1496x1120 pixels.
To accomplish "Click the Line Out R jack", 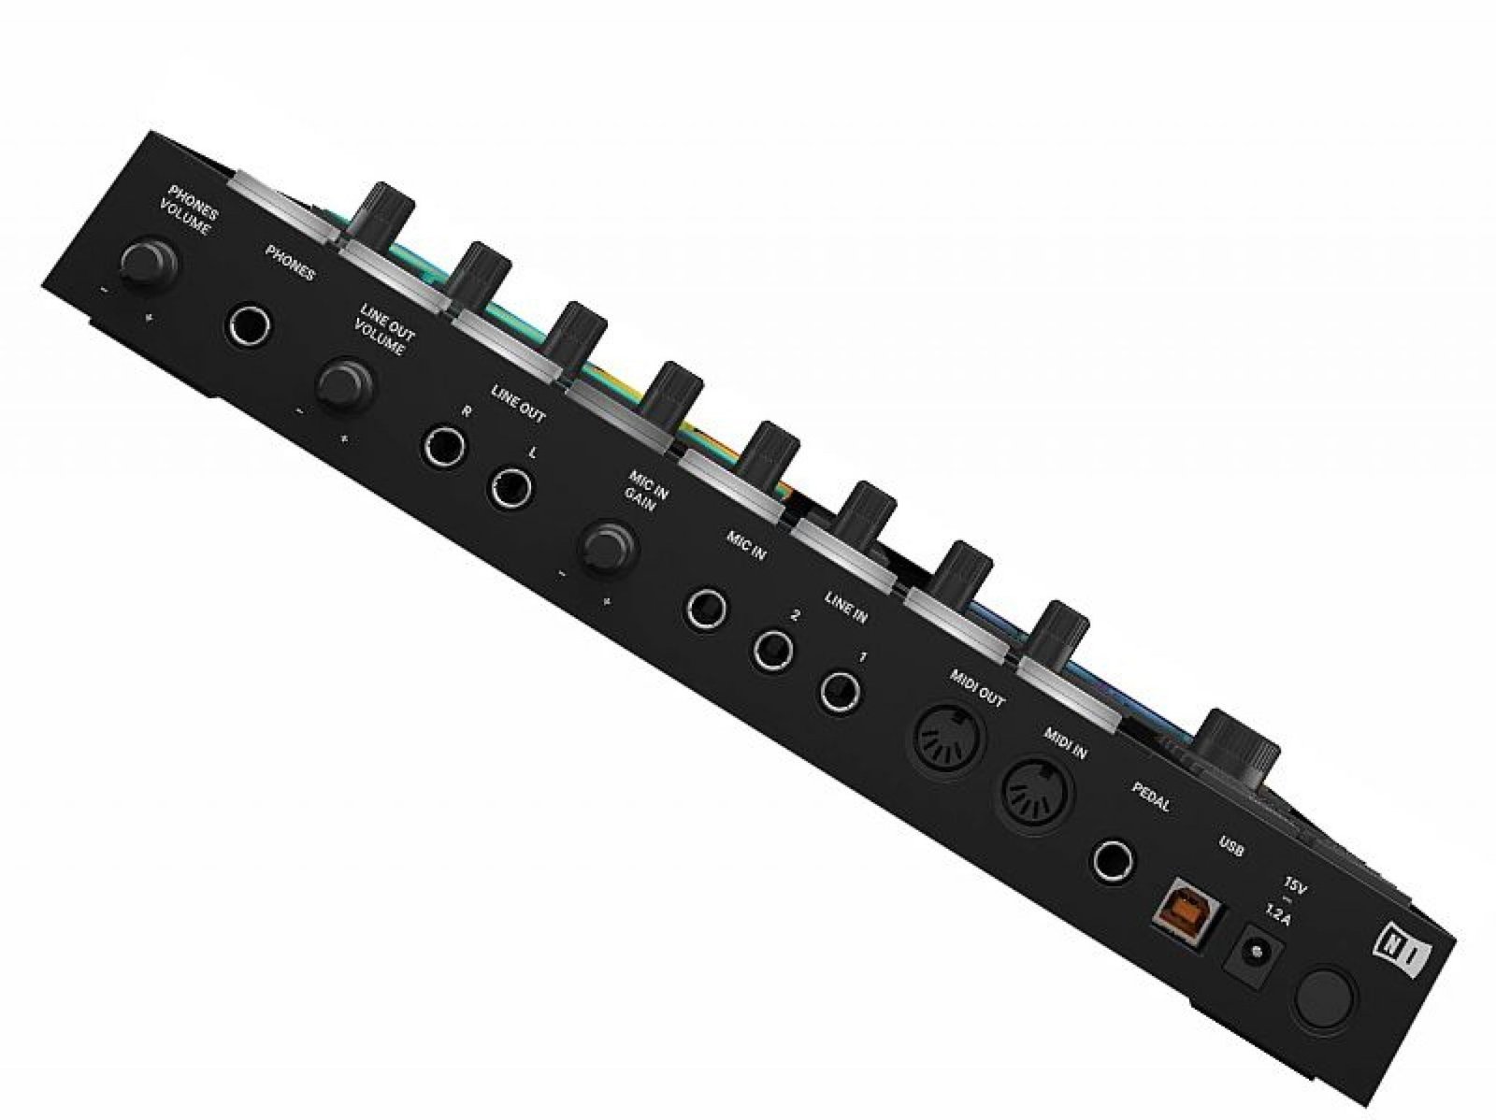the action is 444,448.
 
